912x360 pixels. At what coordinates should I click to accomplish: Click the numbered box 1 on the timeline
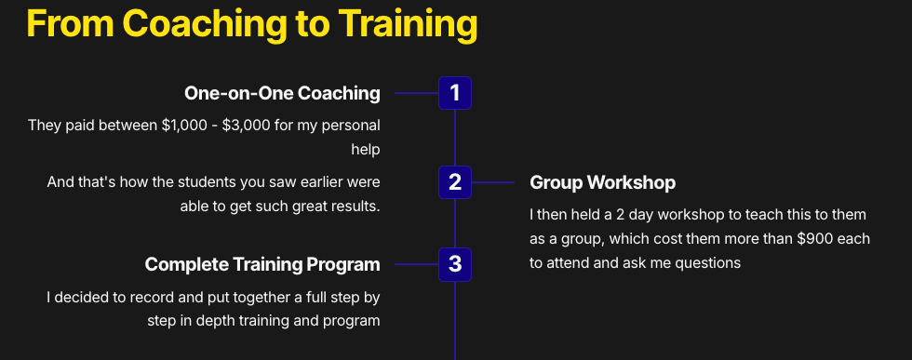tap(455, 93)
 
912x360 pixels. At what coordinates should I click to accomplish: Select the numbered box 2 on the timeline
tap(455, 182)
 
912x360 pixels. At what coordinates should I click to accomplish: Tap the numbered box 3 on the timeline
tap(455, 264)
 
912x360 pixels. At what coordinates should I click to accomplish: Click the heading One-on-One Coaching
tap(282, 93)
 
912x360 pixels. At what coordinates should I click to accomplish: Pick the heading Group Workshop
tap(603, 182)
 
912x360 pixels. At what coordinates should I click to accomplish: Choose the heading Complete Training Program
tap(262, 264)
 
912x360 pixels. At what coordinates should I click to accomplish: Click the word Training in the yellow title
tap(408, 24)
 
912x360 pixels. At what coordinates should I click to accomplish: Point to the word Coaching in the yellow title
tap(205, 24)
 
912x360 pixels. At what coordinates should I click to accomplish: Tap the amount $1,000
tap(183, 125)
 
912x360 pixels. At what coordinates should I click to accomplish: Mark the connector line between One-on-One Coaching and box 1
tap(417, 93)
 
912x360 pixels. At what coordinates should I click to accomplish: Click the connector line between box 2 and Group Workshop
tap(492, 182)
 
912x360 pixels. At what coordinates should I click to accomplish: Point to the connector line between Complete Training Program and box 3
tap(417, 264)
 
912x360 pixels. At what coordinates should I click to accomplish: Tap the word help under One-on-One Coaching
tap(365, 150)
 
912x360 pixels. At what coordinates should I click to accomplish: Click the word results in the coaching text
tap(355, 207)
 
